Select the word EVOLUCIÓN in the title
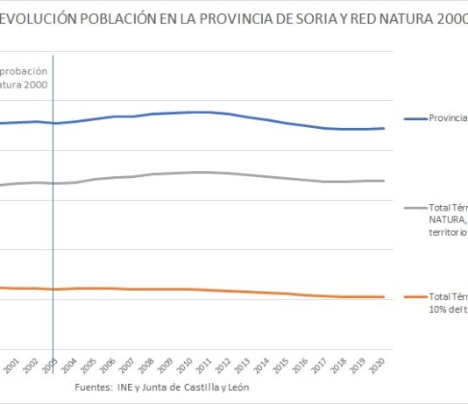[41, 19]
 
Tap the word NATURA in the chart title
[392, 19]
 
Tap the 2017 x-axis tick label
[320, 366]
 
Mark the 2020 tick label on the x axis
[378, 366]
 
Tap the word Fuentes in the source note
[95, 387]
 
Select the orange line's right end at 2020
[383, 297]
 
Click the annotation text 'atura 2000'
[24, 85]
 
